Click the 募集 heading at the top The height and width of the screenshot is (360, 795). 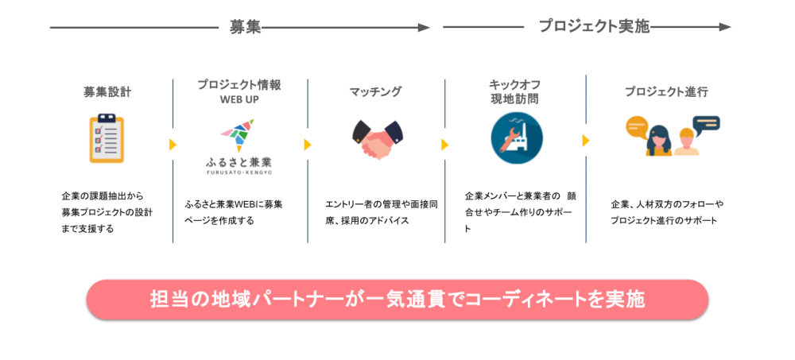click(246, 27)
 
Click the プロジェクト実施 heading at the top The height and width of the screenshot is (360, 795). click(594, 26)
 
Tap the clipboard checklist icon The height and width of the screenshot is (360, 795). click(107, 138)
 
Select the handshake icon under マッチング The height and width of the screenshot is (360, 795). click(377, 139)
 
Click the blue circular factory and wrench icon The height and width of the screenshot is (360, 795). click(517, 138)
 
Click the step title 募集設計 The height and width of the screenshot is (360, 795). click(107, 91)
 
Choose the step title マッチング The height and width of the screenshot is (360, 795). click(375, 91)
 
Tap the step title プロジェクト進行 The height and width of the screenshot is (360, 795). click(666, 91)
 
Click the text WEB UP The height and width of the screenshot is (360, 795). click(239, 99)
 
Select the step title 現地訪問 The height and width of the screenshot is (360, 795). click(514, 99)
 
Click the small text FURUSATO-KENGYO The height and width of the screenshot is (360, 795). click(238, 173)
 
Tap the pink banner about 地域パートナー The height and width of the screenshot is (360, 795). click(397, 300)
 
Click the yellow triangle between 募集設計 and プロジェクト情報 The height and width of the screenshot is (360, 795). click(173, 145)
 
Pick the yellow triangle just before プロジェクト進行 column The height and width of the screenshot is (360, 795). click(586, 141)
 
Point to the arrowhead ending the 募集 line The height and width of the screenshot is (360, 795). click(424, 27)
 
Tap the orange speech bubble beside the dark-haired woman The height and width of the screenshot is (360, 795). click(638, 127)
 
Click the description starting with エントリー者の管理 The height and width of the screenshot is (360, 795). click(382, 212)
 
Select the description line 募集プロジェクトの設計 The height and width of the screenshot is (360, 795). click(107, 212)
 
